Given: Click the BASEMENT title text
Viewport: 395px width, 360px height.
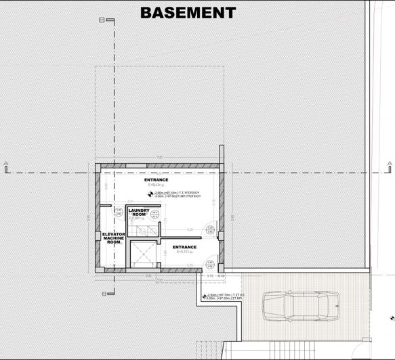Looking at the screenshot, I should click(x=188, y=12).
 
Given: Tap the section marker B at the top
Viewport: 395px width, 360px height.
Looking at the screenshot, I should click(x=102, y=20).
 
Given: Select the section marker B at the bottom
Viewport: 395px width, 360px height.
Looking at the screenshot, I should click(x=102, y=294).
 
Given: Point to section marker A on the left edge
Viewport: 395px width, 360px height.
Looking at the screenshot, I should click(x=5, y=163).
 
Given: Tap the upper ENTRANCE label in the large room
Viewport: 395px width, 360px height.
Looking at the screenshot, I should click(x=155, y=181).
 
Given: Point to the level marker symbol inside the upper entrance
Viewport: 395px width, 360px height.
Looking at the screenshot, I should click(x=149, y=194).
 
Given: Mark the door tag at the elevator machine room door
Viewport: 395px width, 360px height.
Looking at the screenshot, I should click(x=118, y=210).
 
